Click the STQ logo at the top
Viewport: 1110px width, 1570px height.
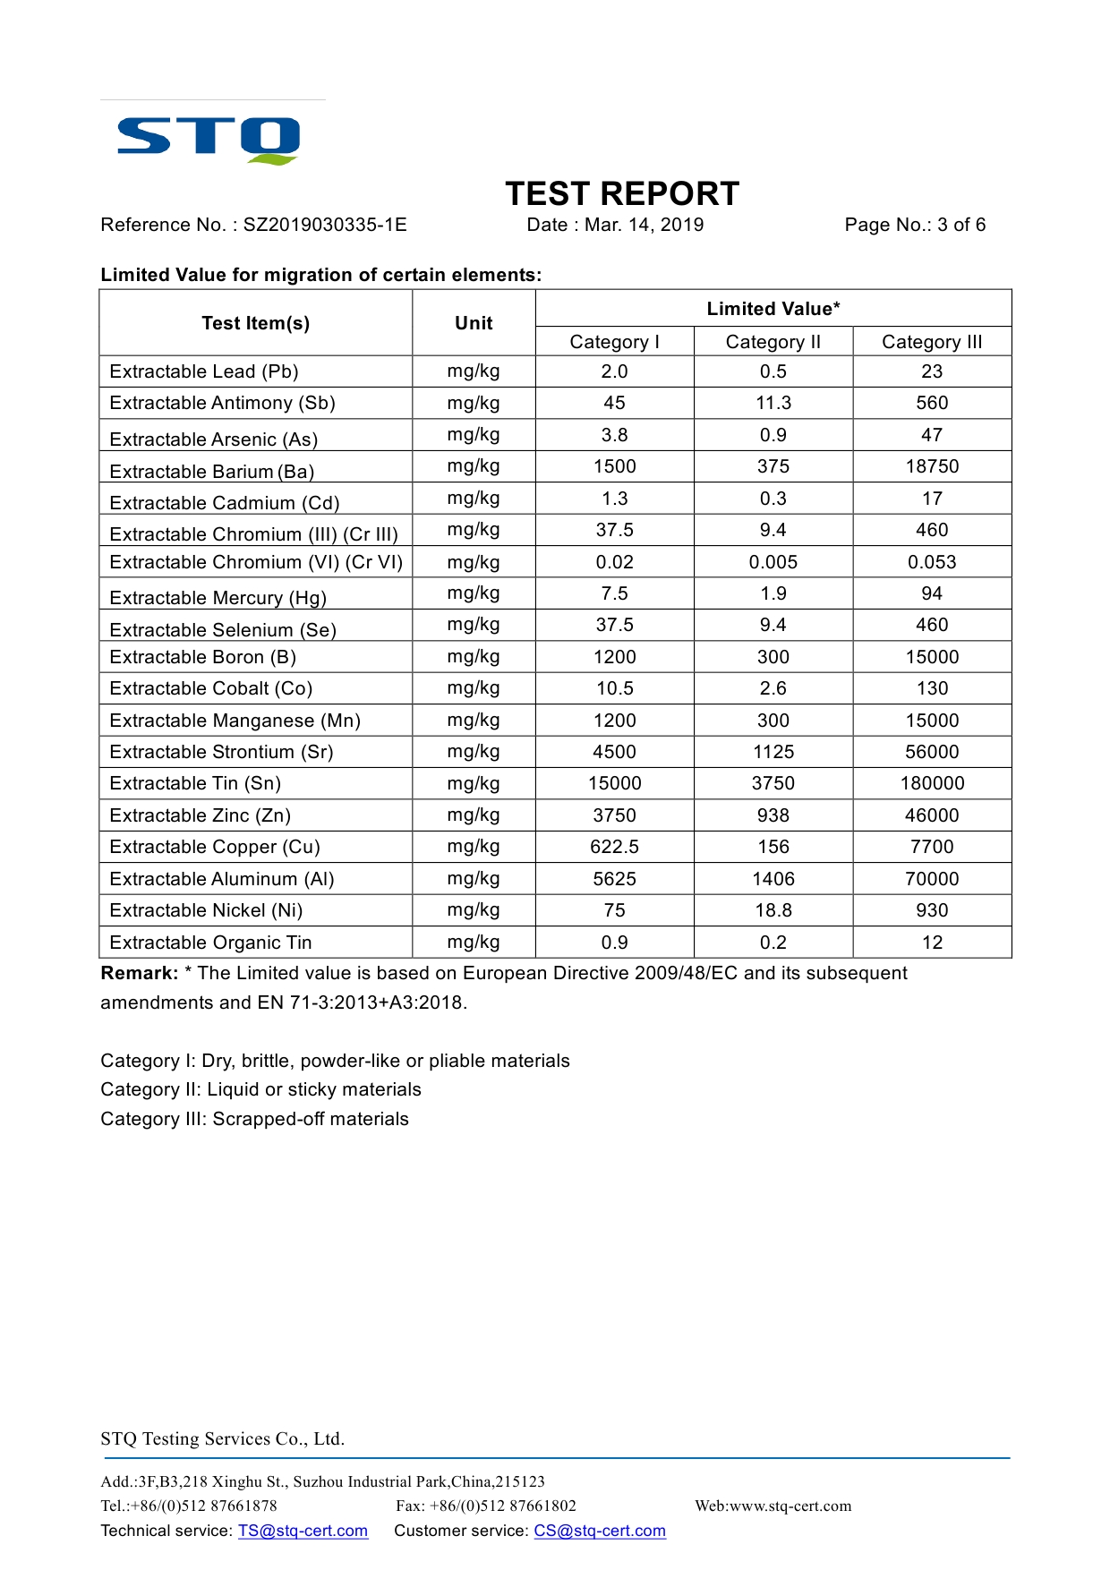coord(209,140)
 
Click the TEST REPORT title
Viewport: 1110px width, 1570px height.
coord(622,194)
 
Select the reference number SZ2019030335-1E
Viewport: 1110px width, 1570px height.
coord(325,225)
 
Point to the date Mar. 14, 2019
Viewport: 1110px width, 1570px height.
coord(644,225)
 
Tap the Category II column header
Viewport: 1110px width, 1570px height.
coord(773,342)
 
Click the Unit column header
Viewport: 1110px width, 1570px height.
coord(474,323)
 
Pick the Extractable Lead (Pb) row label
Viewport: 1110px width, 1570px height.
coord(204,371)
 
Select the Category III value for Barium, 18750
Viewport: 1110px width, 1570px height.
coord(932,466)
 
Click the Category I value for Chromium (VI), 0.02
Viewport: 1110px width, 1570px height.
coord(614,562)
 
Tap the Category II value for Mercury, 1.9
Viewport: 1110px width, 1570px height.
coord(773,593)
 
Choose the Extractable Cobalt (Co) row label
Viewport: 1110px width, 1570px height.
coord(211,688)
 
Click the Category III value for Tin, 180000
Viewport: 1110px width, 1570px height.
coord(932,783)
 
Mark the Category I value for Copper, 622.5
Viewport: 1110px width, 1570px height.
coord(614,847)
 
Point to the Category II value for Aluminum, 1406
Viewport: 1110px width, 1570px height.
coord(773,879)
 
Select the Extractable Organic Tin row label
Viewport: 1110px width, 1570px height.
coord(211,943)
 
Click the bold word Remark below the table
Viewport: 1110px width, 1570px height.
coord(139,974)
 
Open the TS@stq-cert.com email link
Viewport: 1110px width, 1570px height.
coord(303,1531)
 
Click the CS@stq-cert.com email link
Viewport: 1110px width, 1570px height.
coord(600,1531)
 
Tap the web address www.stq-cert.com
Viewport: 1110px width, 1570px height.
coord(790,1506)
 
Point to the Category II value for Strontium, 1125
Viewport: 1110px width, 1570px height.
coord(773,752)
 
